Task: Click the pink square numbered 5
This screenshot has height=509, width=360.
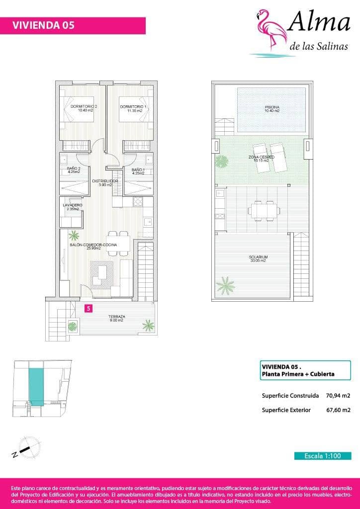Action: coord(89,309)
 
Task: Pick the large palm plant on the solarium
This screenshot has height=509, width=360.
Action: coord(225,285)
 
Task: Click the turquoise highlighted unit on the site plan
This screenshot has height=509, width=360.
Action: coord(36,386)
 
